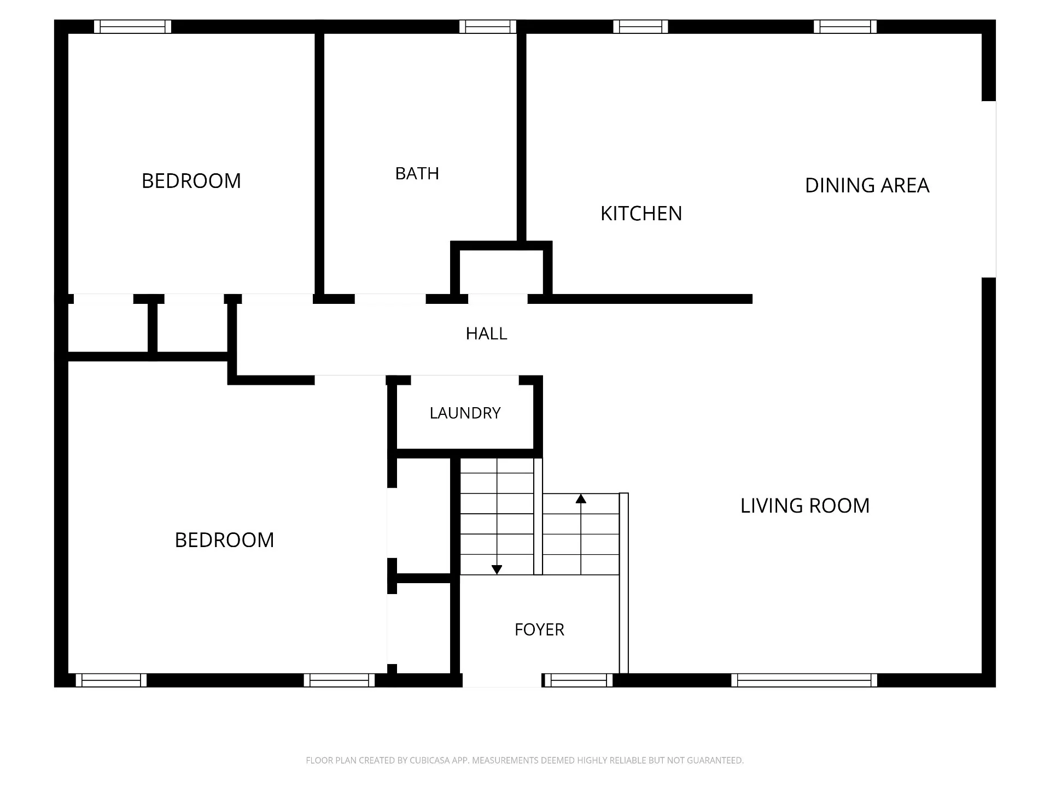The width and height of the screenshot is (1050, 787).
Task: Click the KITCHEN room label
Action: (x=641, y=214)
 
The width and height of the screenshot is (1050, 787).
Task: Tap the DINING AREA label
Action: (x=867, y=185)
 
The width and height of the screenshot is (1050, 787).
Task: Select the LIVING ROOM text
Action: (x=805, y=506)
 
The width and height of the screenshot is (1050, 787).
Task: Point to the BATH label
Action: (x=417, y=173)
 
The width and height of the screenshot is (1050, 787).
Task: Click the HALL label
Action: (x=486, y=333)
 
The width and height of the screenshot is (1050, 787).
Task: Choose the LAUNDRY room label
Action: (x=465, y=413)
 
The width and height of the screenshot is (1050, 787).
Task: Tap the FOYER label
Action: (x=539, y=630)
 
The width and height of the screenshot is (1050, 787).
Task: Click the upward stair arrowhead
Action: (x=581, y=498)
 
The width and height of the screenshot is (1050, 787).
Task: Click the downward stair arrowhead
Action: (x=497, y=569)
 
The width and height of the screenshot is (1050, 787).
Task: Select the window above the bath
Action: (x=488, y=27)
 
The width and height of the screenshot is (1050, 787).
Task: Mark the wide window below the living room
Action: (x=804, y=680)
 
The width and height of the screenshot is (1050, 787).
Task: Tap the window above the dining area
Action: (x=845, y=27)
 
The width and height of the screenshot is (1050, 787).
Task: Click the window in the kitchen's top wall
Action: (x=640, y=27)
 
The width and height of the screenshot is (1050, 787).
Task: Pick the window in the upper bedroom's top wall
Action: (x=132, y=27)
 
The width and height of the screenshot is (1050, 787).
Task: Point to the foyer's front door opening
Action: (x=502, y=680)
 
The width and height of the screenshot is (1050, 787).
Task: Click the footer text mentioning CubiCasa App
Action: (x=524, y=760)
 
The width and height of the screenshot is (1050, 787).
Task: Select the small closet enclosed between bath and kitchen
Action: (x=501, y=272)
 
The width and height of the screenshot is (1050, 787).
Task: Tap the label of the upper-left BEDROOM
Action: (x=191, y=181)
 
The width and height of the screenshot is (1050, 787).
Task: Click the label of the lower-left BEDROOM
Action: (x=224, y=540)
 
